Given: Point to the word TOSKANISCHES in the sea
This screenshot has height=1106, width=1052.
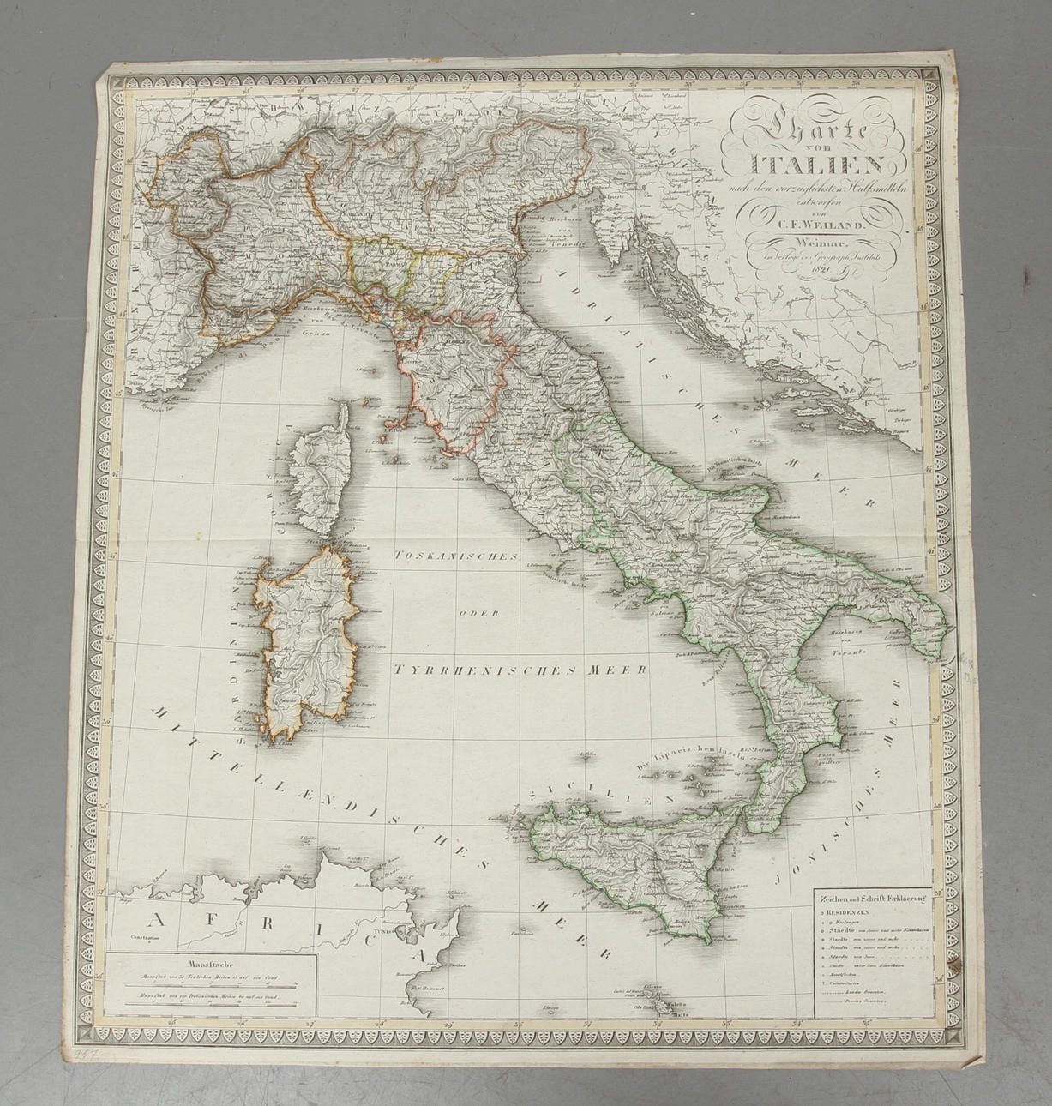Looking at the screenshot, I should pos(454,556).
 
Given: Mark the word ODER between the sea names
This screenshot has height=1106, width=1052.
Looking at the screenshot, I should pos(472,612).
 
